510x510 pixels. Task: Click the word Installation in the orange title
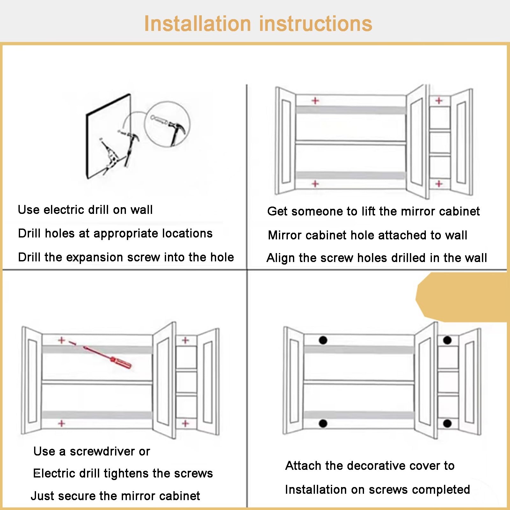[198, 24]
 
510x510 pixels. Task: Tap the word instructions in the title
[316, 24]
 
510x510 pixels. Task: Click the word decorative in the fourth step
[371, 466]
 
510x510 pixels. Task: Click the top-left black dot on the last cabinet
[323, 340]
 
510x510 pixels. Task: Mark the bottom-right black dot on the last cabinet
[447, 424]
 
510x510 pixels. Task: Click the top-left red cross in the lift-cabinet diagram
[315, 101]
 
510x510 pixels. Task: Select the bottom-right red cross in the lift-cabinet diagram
[439, 184]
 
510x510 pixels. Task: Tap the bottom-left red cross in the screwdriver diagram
[62, 424]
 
